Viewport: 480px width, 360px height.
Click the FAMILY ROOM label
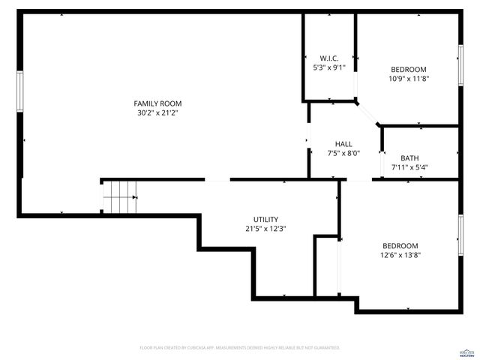click(x=157, y=103)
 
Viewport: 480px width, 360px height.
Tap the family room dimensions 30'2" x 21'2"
click(x=157, y=113)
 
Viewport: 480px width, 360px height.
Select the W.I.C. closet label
click(x=329, y=58)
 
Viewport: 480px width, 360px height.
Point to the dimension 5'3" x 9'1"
click(x=329, y=67)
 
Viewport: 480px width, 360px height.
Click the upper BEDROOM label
click(x=408, y=70)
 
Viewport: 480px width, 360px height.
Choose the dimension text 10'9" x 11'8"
click(x=408, y=79)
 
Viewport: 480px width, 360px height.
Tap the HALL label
click(x=343, y=144)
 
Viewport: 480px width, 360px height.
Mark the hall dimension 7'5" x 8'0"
click(x=343, y=153)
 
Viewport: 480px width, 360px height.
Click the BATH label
click(x=409, y=158)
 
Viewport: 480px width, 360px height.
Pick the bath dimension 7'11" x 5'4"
click(x=409, y=167)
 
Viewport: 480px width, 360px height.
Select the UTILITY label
click(x=265, y=220)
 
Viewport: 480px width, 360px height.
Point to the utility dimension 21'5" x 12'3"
click(x=265, y=229)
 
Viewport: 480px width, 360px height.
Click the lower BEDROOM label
click(x=400, y=246)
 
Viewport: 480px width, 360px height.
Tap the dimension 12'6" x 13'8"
click(x=400, y=255)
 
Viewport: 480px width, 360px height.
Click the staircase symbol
click(x=120, y=198)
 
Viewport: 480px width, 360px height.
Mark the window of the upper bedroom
click(x=460, y=65)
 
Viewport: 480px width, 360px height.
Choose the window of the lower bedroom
click(x=460, y=235)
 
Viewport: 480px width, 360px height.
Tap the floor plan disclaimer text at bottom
click(x=240, y=348)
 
